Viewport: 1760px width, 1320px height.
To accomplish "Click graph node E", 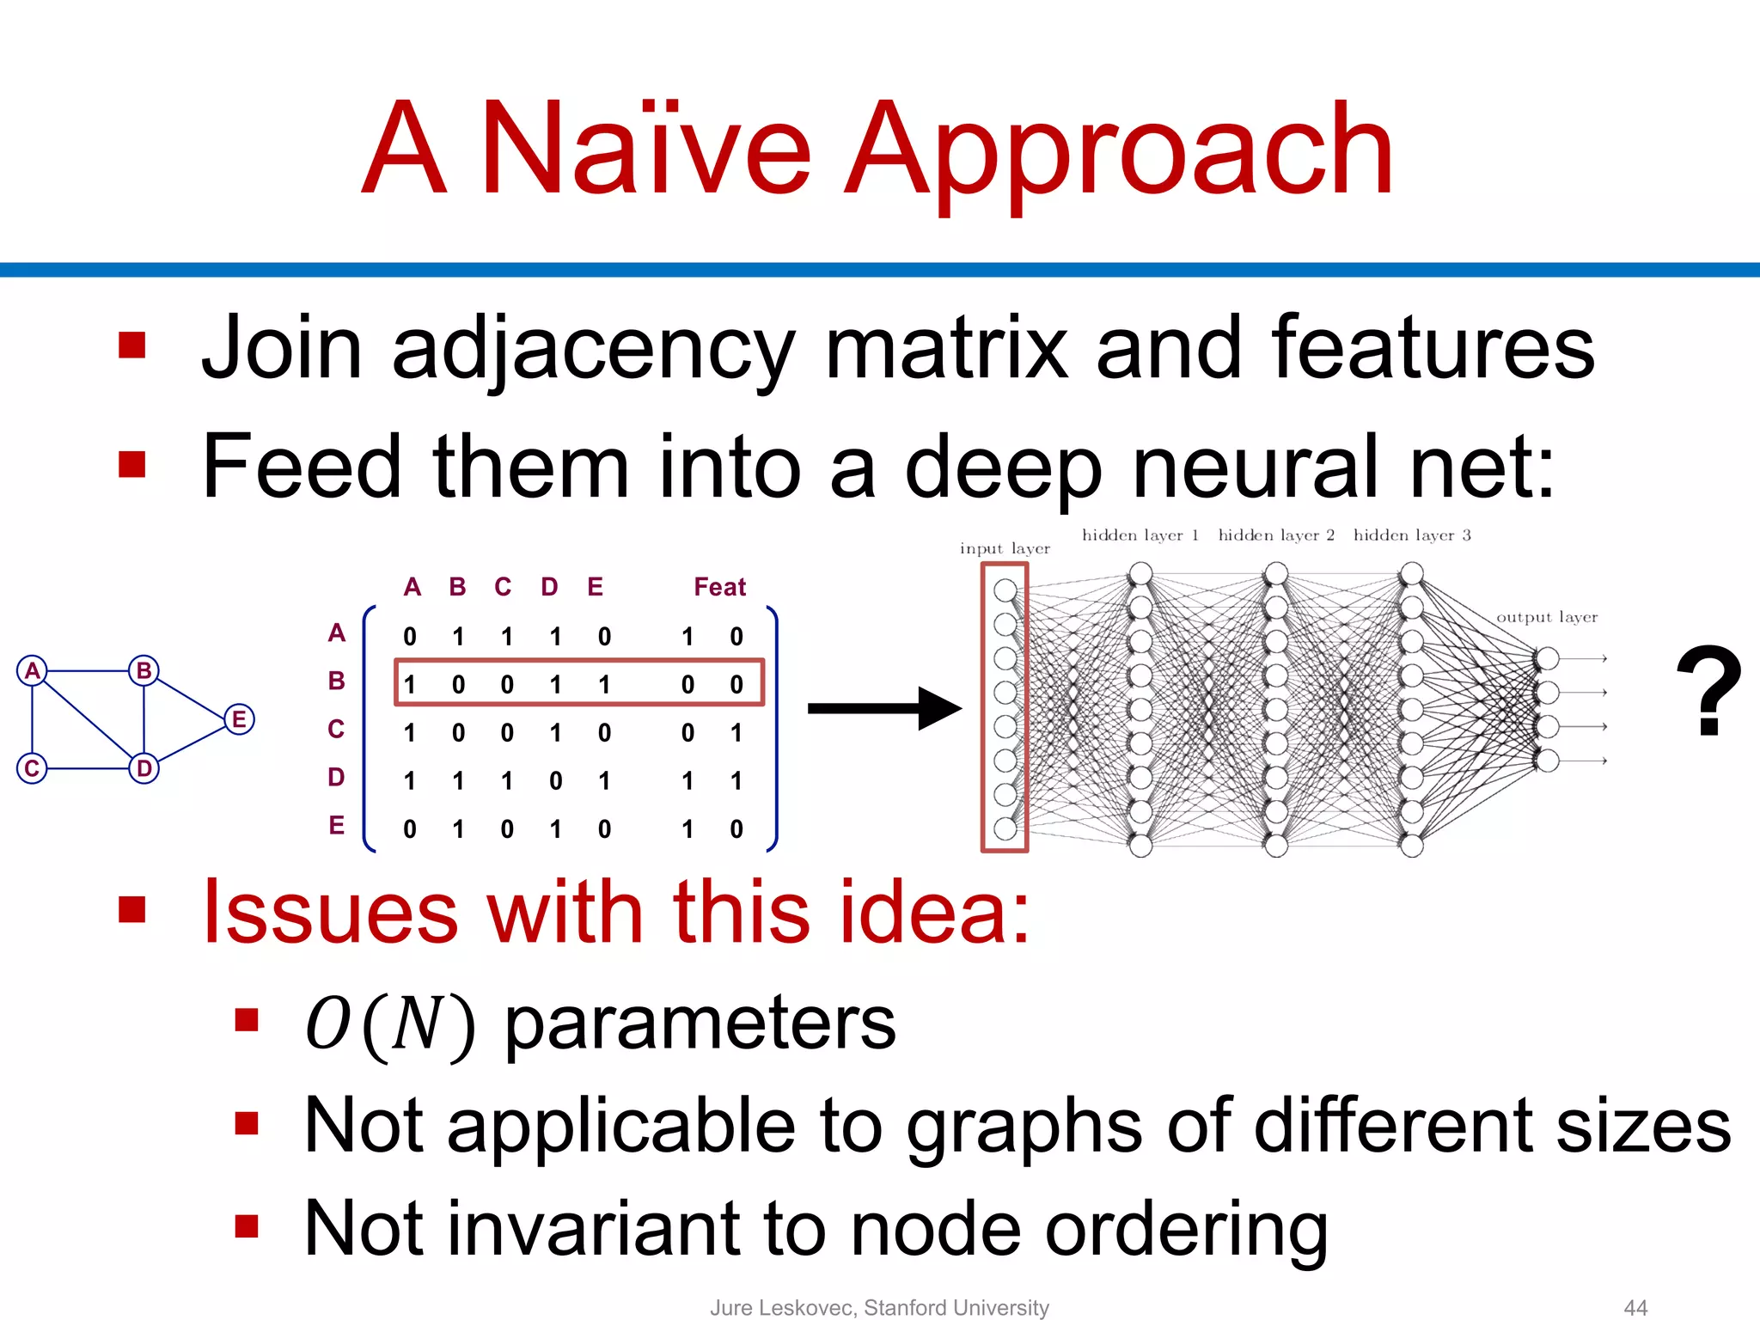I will (239, 719).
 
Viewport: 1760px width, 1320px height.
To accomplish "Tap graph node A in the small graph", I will (32, 670).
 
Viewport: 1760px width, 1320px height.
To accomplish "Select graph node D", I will (144, 767).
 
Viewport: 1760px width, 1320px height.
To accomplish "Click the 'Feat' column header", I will (719, 587).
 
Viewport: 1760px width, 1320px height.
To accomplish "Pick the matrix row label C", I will (336, 729).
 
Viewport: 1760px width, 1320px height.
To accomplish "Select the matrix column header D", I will (549, 587).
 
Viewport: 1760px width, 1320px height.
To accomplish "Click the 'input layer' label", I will (1005, 548).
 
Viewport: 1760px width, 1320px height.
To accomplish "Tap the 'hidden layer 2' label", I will (1276, 535).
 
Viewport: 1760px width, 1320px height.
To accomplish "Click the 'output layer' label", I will (1547, 617).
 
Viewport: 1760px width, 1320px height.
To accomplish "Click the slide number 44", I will (1635, 1307).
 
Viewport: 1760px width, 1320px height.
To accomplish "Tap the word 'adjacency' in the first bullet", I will (592, 348).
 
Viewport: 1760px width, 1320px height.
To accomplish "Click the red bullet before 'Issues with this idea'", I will (132, 908).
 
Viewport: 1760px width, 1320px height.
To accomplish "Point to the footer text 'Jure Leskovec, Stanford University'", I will (879, 1307).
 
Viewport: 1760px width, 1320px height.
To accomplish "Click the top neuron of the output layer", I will (1547, 659).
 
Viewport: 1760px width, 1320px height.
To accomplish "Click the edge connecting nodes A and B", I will (88, 670).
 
